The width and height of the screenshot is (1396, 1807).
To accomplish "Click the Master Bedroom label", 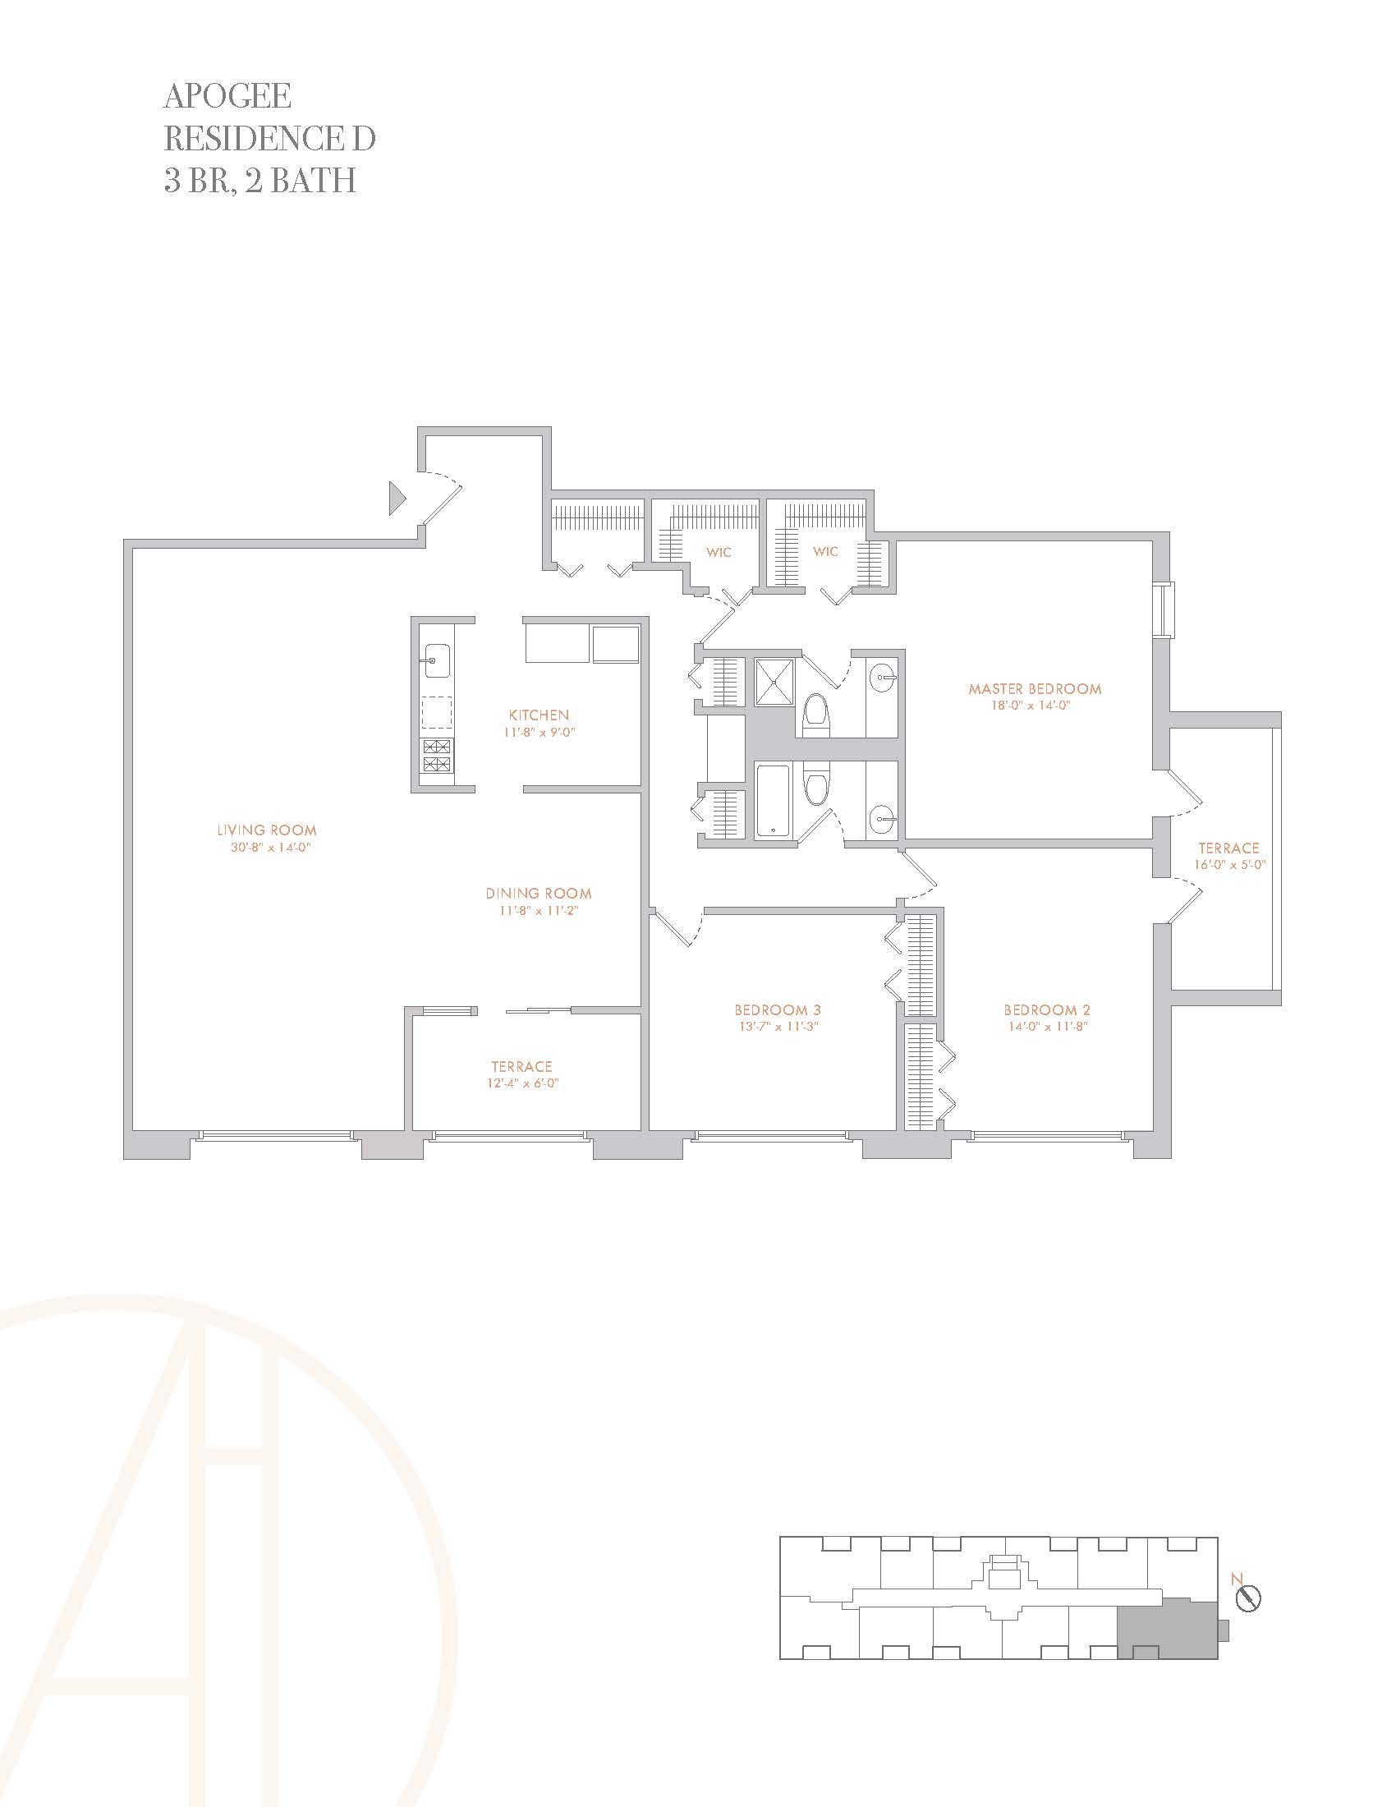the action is tap(1035, 688).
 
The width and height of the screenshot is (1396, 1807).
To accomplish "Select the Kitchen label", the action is tap(539, 715).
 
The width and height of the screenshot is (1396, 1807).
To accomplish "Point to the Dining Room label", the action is tap(539, 894).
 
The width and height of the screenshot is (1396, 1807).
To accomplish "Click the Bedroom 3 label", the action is tap(778, 1010).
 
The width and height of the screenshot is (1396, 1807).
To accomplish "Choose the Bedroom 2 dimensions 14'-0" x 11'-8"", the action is tap(1047, 1027).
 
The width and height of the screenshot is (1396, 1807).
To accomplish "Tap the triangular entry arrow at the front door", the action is tap(397, 498).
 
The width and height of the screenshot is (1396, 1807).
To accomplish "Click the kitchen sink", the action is tap(436, 661).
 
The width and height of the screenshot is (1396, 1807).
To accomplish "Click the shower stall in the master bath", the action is tap(774, 682).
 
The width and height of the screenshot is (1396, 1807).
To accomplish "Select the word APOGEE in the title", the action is tap(227, 96).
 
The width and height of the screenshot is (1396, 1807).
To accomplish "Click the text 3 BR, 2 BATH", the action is tap(259, 181).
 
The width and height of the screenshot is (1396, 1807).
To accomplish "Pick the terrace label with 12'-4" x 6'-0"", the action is tap(521, 1075).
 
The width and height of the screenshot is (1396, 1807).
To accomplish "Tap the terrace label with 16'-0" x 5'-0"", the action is tap(1228, 856).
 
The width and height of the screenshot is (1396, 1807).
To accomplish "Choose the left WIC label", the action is tap(719, 552).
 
